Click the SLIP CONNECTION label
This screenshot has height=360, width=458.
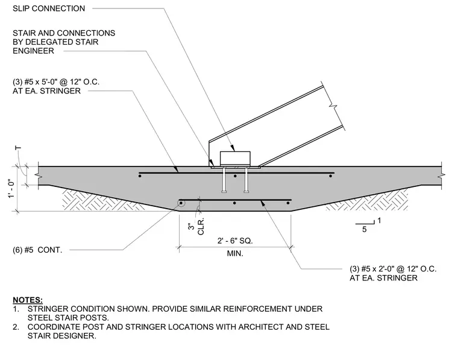click(x=49, y=8)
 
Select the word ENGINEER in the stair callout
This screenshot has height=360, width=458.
click(x=33, y=51)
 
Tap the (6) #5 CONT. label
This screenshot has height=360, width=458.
click(x=37, y=250)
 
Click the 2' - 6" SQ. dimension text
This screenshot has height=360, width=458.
click(x=235, y=241)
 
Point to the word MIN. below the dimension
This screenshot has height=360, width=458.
click(x=235, y=253)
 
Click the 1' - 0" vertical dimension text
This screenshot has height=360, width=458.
click(x=11, y=189)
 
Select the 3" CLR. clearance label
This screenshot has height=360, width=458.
click(x=196, y=226)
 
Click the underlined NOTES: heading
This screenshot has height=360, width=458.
click(x=28, y=300)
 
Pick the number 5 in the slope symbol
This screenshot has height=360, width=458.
click(x=364, y=229)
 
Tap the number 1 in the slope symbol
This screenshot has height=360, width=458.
click(x=379, y=221)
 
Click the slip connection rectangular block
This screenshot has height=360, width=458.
click(x=235, y=159)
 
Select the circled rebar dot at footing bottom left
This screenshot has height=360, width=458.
click(x=181, y=203)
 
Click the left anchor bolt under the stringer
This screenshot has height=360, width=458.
click(x=224, y=180)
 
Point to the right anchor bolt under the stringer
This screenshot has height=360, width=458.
click(x=246, y=180)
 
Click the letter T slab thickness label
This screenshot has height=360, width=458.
click(x=18, y=148)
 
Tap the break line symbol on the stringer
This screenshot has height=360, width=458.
click(x=333, y=106)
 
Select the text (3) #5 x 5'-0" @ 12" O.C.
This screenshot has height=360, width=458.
click(x=56, y=82)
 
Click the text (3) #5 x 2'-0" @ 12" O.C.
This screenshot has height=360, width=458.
click(x=393, y=269)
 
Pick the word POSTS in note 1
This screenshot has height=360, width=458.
click(x=95, y=318)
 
